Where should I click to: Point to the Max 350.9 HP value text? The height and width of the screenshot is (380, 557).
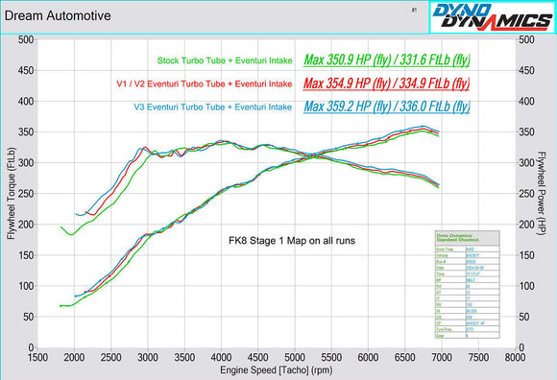tap(386, 59)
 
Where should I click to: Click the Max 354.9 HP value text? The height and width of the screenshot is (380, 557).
tap(386, 83)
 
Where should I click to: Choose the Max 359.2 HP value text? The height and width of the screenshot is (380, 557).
tap(386, 106)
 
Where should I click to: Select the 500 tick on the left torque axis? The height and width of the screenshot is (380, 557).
tap(26, 40)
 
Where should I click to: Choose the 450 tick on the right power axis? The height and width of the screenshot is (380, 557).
tap(528, 71)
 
